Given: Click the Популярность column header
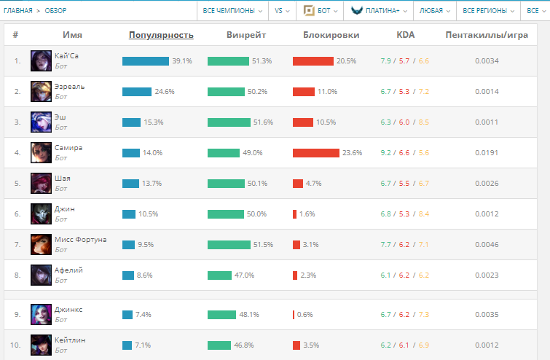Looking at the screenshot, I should click(x=161, y=34).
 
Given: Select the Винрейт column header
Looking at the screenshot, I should click(x=246, y=34).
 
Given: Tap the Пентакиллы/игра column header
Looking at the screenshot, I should click(x=486, y=34).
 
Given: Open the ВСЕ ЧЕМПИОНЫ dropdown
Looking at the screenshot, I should click(x=232, y=11).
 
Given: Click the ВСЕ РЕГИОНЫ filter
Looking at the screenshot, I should click(x=488, y=11).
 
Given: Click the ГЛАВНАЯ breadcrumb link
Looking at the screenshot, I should click(x=18, y=11).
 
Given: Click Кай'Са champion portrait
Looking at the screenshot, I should click(x=41, y=61).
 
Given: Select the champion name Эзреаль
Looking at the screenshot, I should click(x=70, y=86).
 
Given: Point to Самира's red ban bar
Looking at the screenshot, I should click(x=316, y=153).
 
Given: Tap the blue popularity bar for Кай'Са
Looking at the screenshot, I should click(x=146, y=61).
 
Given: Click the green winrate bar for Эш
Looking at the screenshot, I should click(x=229, y=122).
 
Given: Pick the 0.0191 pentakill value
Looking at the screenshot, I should click(x=486, y=153).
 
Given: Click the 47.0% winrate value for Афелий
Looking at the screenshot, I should click(x=244, y=275).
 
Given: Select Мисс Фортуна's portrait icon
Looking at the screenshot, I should click(x=41, y=244).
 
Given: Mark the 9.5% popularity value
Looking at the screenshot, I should click(x=146, y=245).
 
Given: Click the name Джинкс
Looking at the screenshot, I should click(x=68, y=309).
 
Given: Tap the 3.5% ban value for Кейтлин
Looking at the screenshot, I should click(x=310, y=345).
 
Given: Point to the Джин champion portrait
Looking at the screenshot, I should click(x=41, y=214).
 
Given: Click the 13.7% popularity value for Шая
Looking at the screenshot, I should click(x=152, y=184).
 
